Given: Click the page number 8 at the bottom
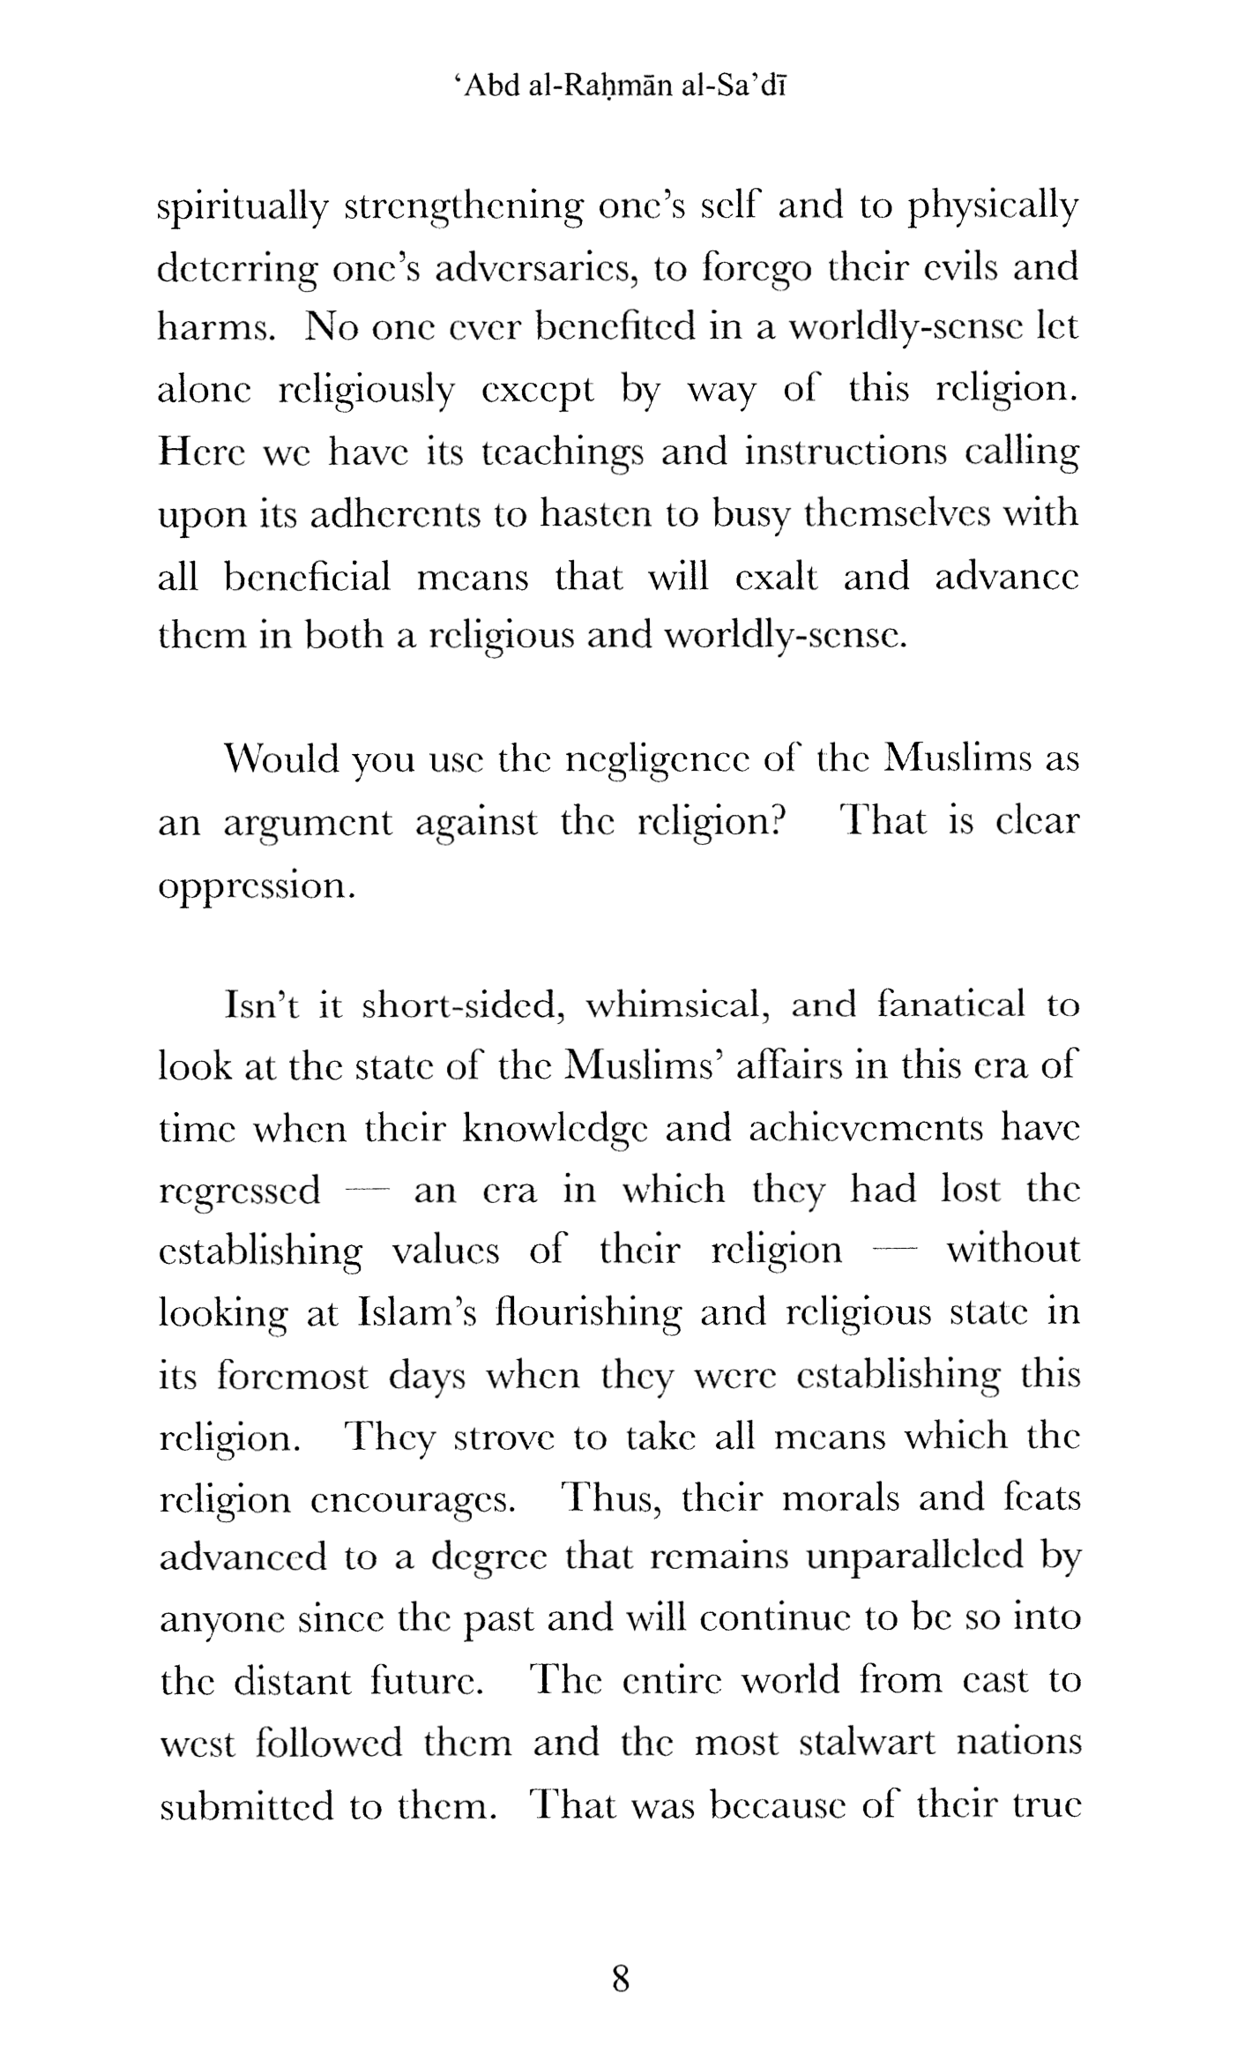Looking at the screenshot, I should coord(620,1978).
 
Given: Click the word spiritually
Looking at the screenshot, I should coord(242,208).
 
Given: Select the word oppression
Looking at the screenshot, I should coord(257,885).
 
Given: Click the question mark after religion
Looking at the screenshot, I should coord(775,821).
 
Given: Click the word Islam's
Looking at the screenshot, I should coord(418,1313).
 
